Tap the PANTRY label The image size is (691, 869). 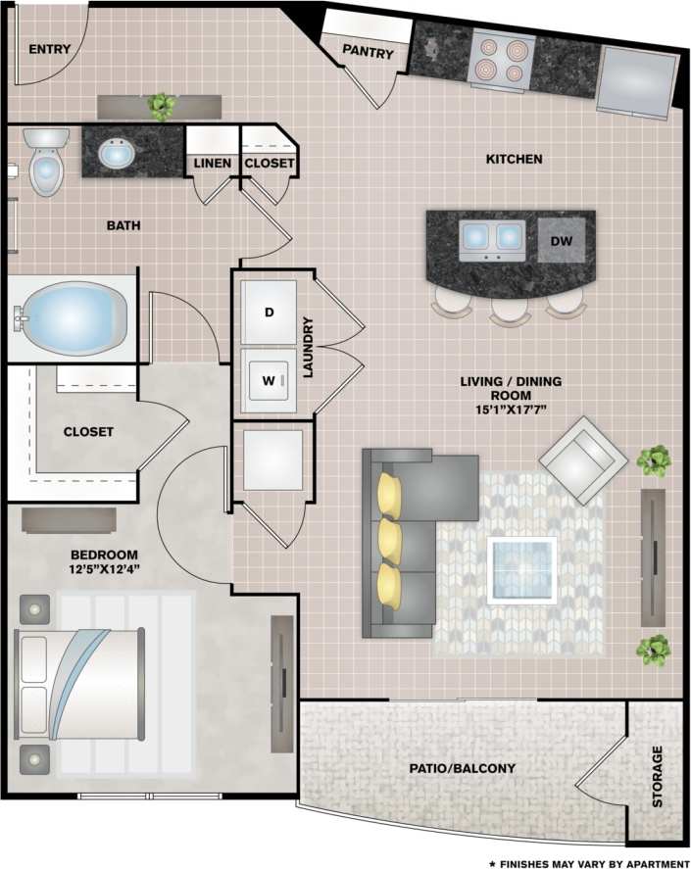tap(368, 54)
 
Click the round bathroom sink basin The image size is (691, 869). tap(116, 153)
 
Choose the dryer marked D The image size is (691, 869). tap(270, 312)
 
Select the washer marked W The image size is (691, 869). tap(270, 378)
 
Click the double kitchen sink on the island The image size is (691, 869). tap(492, 237)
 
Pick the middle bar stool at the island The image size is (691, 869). tap(511, 306)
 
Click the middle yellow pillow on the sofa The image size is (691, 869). tap(390, 536)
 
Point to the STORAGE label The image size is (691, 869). tap(657, 777)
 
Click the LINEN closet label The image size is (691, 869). tap(213, 163)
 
